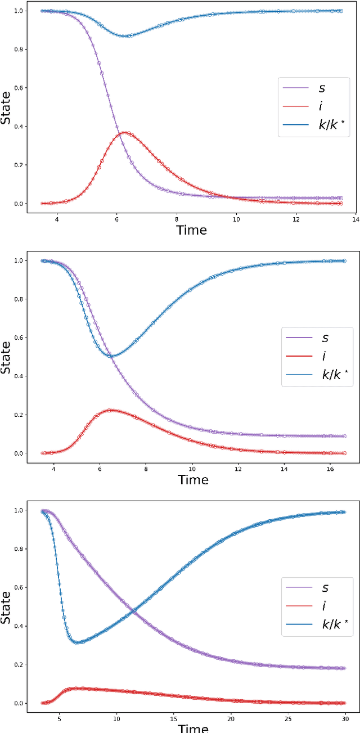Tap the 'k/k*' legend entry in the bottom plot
pyautogui.click(x=337, y=624)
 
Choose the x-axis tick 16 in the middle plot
pyautogui.click(x=330, y=469)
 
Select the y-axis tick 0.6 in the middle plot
pyautogui.click(x=18, y=338)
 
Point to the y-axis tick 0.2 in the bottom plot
pyautogui.click(x=18, y=665)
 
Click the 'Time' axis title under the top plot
pyautogui.click(x=191, y=230)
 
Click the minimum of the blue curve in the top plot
pyautogui.click(x=127, y=36)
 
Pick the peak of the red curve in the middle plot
pyautogui.click(x=110, y=410)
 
